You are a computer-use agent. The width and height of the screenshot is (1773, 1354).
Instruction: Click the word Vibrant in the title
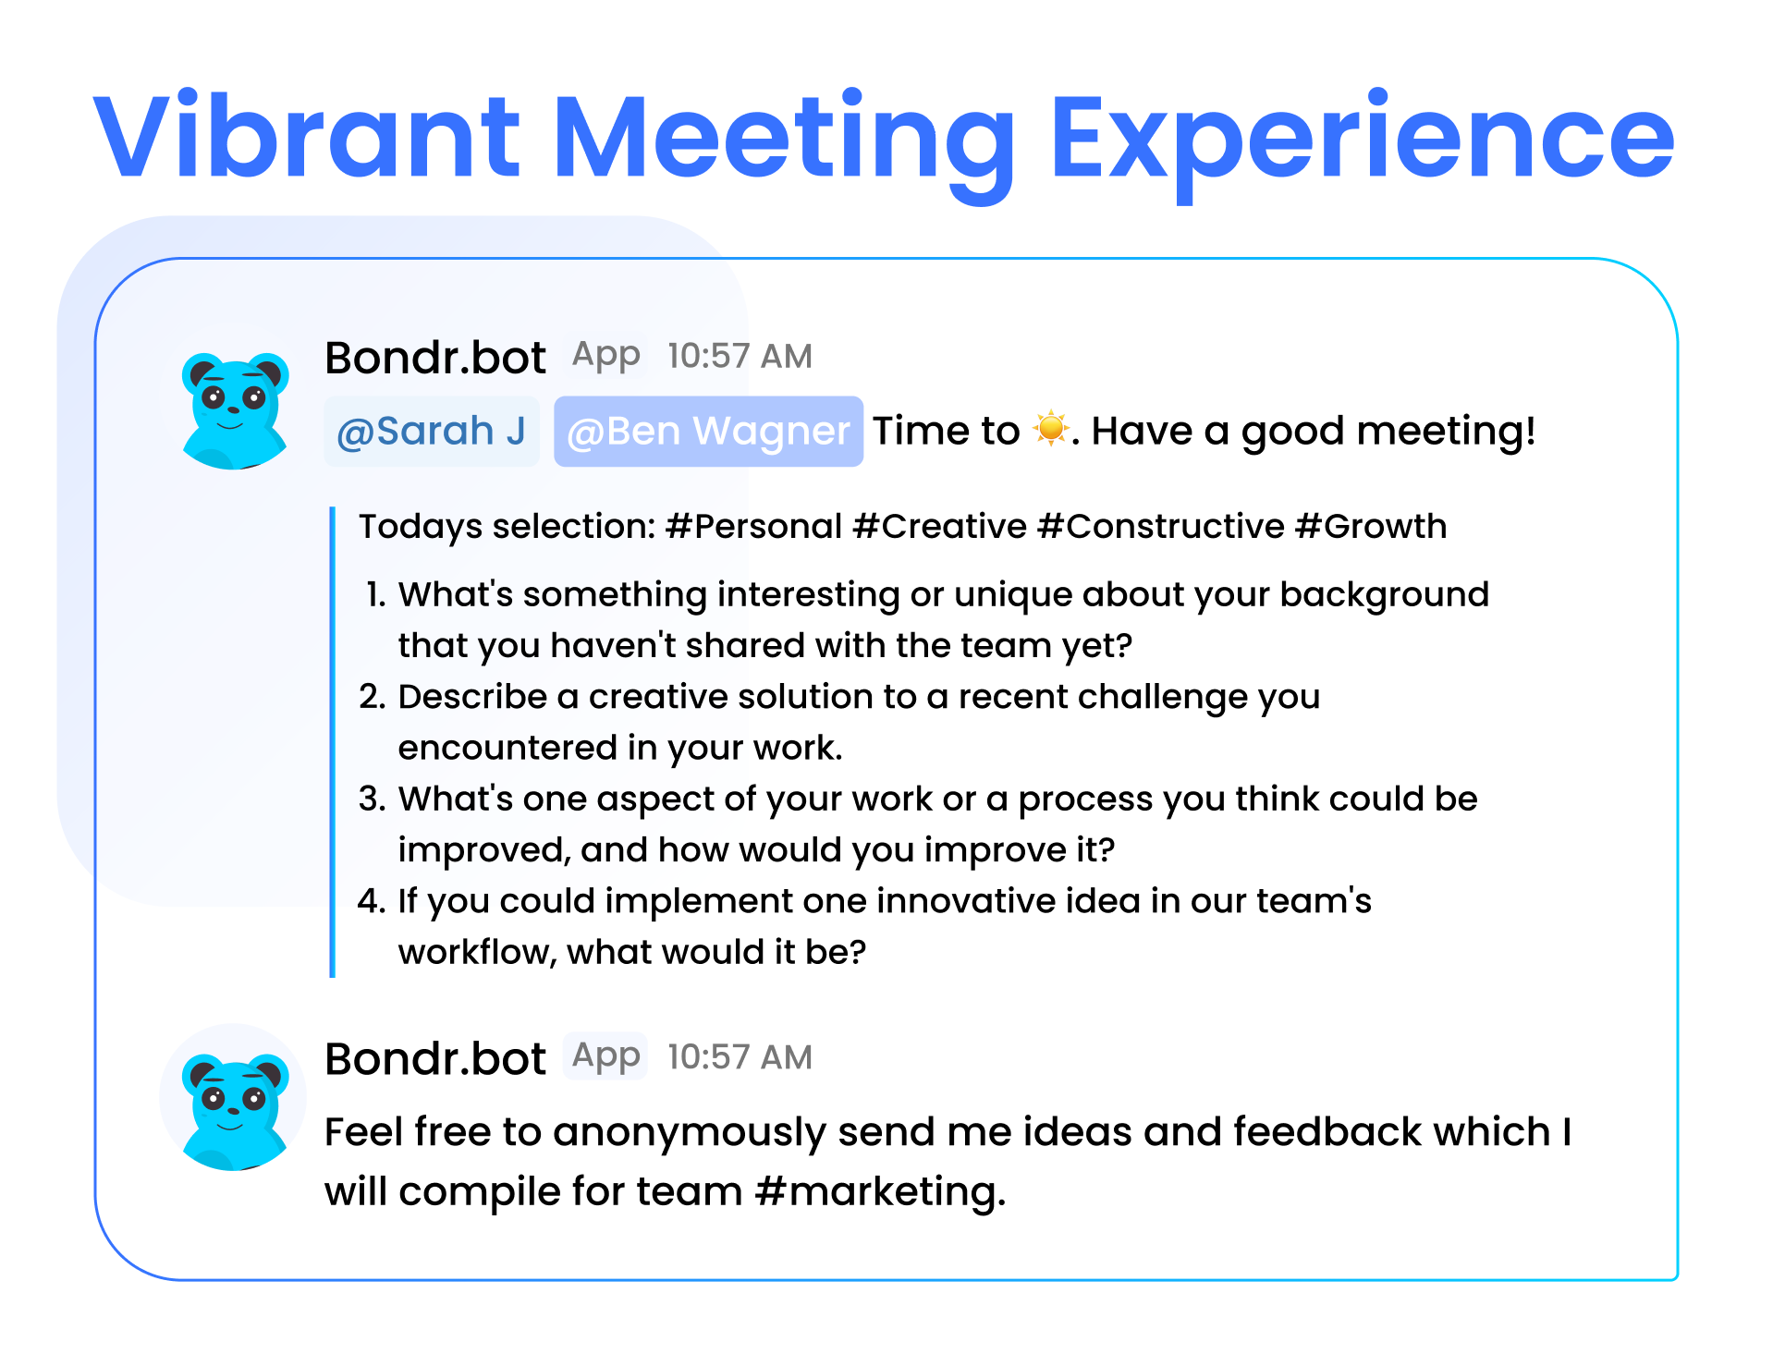point(307,136)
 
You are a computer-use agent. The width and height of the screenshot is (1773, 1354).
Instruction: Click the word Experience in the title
point(1363,146)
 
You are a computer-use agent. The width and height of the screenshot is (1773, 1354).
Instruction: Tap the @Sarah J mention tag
point(431,432)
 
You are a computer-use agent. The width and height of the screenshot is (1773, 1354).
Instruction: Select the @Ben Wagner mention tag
point(708,432)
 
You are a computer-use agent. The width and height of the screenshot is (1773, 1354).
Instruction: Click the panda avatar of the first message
point(235,409)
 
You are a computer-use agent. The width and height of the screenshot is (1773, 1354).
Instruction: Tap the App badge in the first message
point(605,356)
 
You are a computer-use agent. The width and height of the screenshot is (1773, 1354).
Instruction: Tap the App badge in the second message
point(605,1056)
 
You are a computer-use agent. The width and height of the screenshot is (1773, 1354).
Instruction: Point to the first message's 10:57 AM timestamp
point(740,356)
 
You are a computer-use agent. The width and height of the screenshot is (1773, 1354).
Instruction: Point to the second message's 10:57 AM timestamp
point(740,1057)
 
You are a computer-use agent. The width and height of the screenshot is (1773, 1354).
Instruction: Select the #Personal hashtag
point(754,526)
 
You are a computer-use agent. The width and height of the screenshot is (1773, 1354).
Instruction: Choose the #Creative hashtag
point(939,526)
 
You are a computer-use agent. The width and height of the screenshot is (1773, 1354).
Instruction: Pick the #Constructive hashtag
point(1161,526)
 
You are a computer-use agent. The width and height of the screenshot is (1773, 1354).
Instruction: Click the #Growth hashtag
point(1371,526)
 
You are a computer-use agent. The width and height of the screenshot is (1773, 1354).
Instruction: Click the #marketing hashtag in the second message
point(880,1191)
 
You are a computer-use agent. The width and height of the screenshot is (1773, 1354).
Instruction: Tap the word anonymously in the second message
point(690,1133)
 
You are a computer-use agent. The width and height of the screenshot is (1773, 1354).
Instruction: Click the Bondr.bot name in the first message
point(435,358)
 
